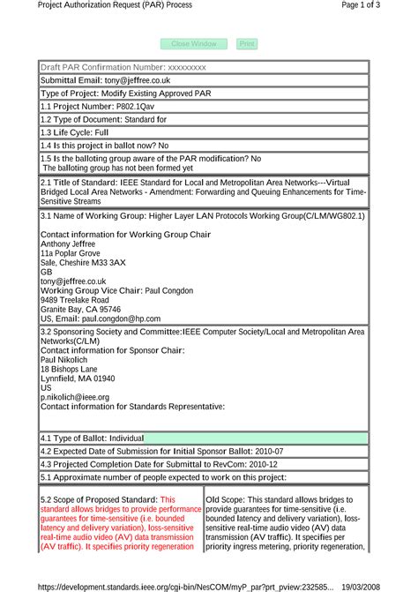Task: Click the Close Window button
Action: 194,43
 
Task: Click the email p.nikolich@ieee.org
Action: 75,397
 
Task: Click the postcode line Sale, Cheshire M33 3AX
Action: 84,263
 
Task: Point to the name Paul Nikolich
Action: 64,360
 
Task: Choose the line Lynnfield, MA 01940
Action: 78,378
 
